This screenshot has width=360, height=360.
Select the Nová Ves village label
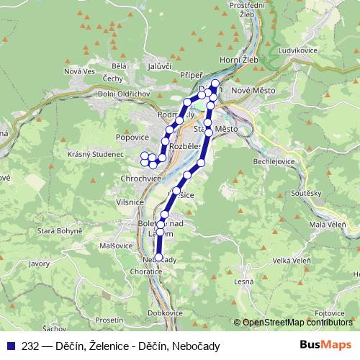tap(79, 71)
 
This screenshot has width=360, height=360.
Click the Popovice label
tap(132, 135)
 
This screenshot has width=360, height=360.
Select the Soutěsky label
tap(305, 193)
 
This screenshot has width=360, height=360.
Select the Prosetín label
tap(109, 319)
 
